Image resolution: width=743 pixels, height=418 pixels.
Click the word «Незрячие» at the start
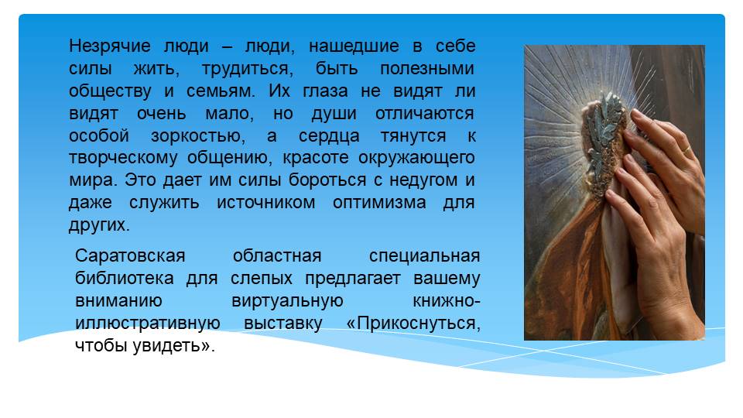click(x=109, y=46)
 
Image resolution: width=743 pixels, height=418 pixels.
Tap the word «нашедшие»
click(x=354, y=46)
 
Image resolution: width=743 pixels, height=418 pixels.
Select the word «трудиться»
click(x=248, y=69)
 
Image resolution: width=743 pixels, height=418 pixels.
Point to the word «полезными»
click(x=427, y=69)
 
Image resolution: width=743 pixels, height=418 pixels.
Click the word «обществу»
click(x=110, y=91)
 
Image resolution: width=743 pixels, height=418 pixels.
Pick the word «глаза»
click(x=325, y=91)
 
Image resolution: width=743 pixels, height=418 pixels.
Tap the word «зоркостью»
click(x=198, y=136)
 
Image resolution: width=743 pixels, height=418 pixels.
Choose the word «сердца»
click(x=329, y=136)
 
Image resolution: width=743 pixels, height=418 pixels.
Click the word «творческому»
click(x=123, y=158)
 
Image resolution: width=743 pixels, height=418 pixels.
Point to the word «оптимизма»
click(x=379, y=203)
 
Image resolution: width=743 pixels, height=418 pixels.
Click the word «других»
click(x=99, y=225)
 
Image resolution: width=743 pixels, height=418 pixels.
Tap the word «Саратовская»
click(x=130, y=256)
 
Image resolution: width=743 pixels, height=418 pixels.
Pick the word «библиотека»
click(x=125, y=278)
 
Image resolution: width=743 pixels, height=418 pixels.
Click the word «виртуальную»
click(x=287, y=301)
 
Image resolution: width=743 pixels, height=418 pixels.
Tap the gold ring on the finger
click(x=686, y=151)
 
